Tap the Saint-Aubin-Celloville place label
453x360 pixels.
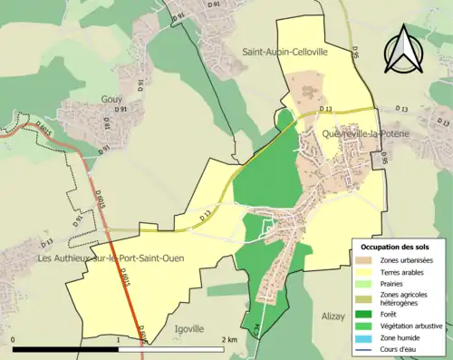click(284, 54)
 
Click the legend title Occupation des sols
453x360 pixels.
click(396, 247)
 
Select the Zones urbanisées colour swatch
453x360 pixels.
click(365, 261)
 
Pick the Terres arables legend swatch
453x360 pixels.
click(365, 272)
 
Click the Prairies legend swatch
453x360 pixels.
click(365, 284)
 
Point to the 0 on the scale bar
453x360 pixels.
click(14, 340)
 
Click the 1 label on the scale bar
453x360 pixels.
click(119, 340)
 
